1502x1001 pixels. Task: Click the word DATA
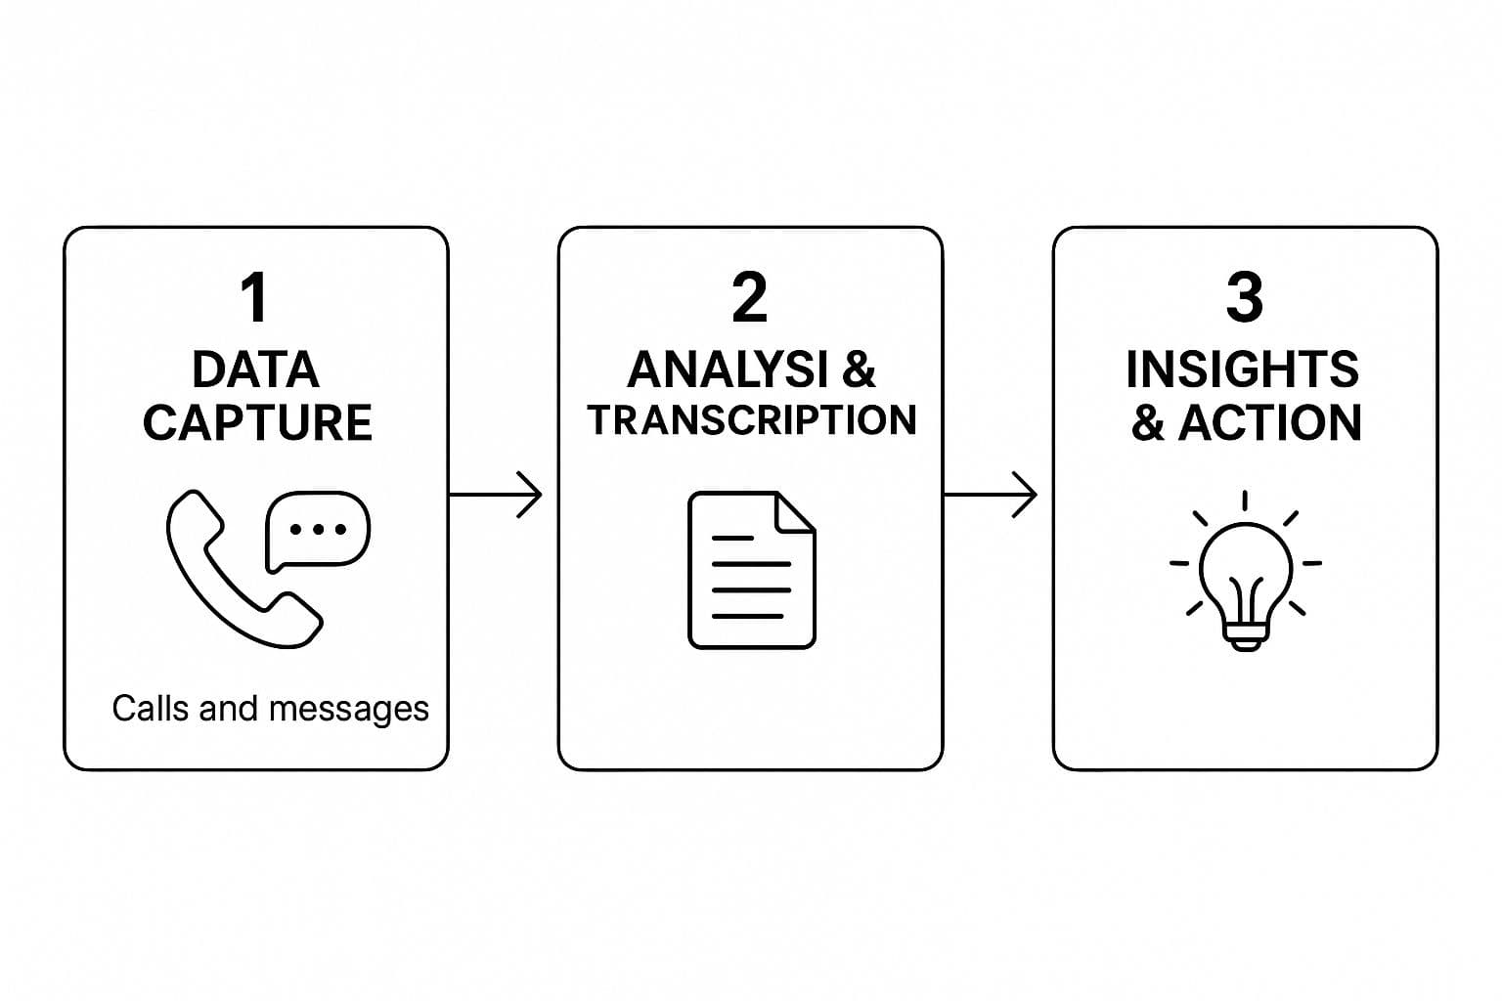click(x=255, y=370)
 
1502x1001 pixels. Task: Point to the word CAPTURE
click(x=257, y=422)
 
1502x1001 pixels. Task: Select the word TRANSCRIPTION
click(x=751, y=419)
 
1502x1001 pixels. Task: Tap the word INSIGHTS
click(x=1242, y=370)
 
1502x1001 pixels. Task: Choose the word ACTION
click(x=1269, y=422)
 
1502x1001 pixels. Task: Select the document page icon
click(x=751, y=570)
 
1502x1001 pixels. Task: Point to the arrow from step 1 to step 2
click(x=495, y=495)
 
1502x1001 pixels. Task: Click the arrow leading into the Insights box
click(x=990, y=495)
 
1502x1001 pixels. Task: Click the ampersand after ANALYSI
click(x=859, y=370)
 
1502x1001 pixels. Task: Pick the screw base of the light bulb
click(x=1245, y=638)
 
